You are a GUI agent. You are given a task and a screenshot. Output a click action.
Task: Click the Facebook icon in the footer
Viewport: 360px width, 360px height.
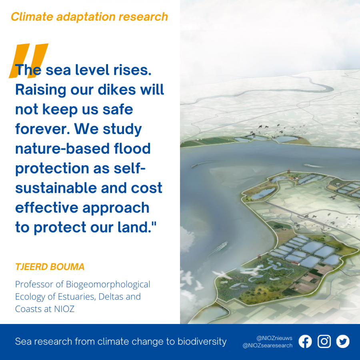click(305, 342)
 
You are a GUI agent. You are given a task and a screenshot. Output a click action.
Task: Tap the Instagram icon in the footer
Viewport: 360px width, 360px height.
click(324, 342)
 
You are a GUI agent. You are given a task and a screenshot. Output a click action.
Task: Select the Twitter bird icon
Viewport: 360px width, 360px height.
click(343, 342)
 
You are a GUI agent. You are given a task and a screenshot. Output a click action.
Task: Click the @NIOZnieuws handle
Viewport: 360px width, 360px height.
click(274, 338)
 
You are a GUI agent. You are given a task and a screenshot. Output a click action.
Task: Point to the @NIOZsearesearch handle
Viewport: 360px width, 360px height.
click(268, 346)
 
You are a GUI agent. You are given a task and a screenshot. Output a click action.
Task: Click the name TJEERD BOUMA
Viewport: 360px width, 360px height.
click(50, 267)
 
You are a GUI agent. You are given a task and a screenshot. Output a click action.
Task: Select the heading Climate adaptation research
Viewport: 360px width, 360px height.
click(89, 17)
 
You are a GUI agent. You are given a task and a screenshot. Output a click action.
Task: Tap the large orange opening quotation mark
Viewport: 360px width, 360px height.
click(28, 61)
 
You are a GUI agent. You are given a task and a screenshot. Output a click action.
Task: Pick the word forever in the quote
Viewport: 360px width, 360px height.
click(42, 129)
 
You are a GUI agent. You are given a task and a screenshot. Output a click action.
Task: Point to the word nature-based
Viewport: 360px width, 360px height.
click(62, 148)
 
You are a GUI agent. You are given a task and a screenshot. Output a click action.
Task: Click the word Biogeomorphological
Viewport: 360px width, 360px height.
click(108, 285)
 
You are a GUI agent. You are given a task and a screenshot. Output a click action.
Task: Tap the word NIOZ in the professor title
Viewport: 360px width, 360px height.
click(64, 309)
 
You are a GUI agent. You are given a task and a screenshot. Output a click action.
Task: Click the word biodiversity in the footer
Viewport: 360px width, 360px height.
click(202, 342)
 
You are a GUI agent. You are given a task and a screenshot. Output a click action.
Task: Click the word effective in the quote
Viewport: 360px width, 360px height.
click(47, 208)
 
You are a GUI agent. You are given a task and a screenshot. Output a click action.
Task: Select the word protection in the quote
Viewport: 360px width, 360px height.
click(52, 168)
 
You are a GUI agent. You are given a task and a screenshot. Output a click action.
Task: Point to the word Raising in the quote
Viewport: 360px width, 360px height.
click(41, 90)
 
